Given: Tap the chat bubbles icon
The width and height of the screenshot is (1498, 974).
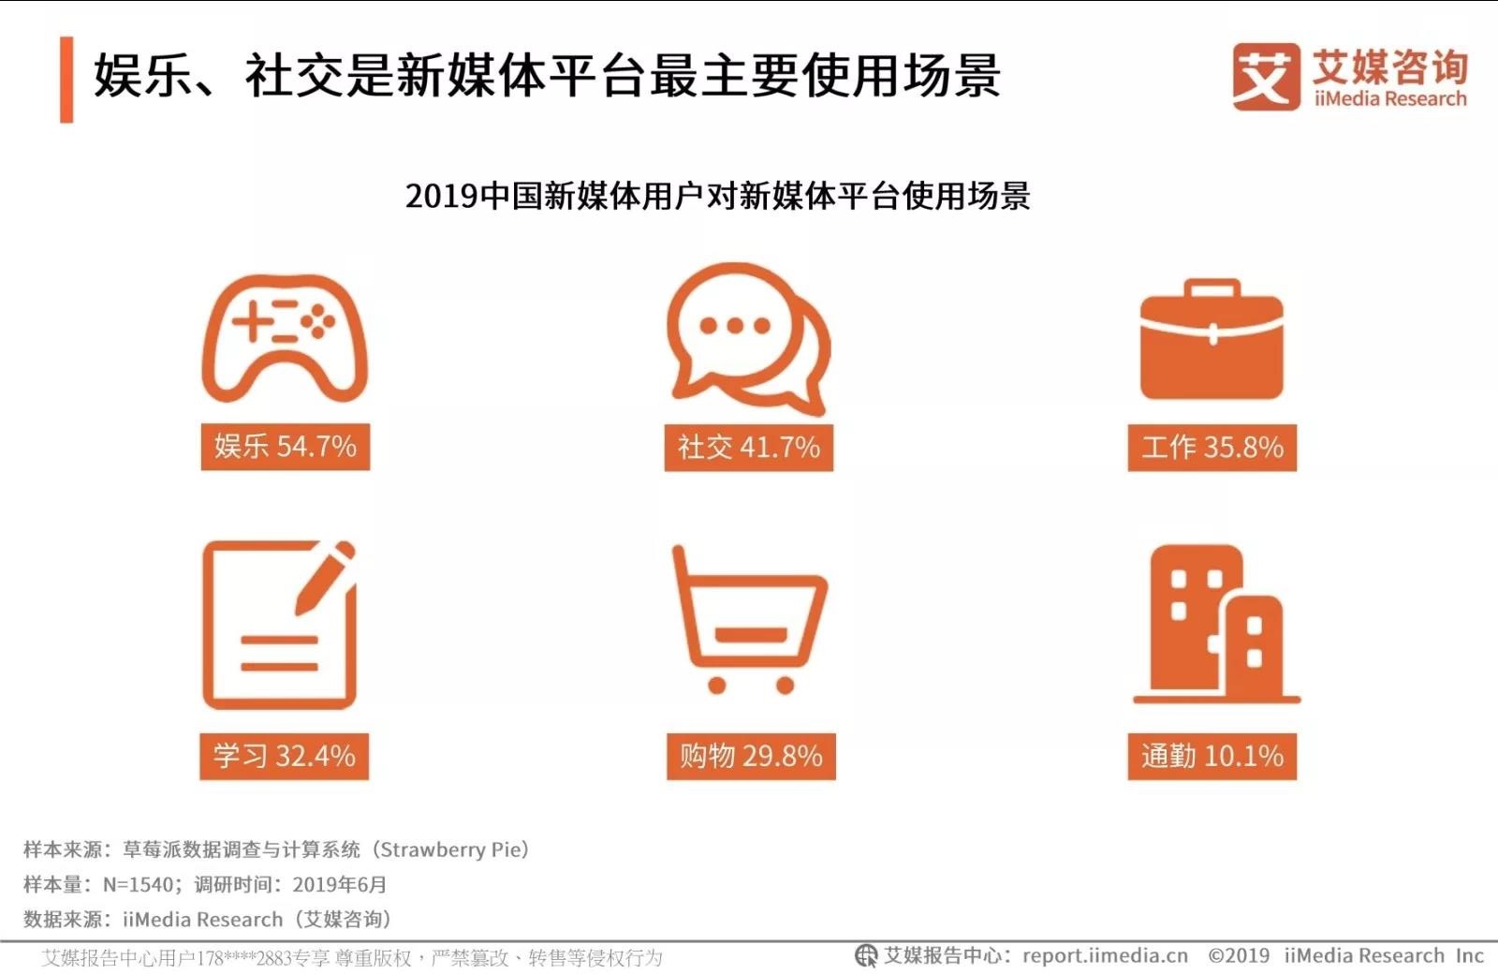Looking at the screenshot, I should tap(747, 337).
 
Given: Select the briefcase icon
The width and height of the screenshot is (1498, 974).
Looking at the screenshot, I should tap(1212, 339).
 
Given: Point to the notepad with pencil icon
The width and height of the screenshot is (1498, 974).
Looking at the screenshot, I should tap(279, 625).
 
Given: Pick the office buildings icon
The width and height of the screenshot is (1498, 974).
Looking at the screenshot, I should tap(1215, 623).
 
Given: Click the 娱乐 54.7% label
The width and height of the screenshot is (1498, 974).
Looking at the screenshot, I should tap(285, 446).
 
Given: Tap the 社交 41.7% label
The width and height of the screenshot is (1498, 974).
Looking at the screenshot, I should tap(748, 447).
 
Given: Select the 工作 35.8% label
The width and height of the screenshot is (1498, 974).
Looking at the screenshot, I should tap(1212, 447).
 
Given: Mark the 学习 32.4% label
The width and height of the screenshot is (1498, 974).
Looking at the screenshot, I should tap(284, 756).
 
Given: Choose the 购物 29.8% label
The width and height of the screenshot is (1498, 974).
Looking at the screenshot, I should tap(751, 756).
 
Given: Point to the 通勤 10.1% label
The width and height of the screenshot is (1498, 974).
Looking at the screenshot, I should tap(1212, 756).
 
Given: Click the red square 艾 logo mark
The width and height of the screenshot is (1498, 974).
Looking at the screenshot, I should tap(1266, 77).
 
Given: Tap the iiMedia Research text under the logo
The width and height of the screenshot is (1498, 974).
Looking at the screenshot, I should tap(1389, 99).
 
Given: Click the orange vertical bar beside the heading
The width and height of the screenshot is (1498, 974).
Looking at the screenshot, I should tap(66, 80).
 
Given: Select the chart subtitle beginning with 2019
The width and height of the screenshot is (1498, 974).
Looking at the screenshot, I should tap(717, 196).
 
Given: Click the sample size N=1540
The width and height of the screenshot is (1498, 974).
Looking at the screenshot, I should tap(139, 884).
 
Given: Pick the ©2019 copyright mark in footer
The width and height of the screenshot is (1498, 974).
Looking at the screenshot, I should tap(1239, 955).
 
